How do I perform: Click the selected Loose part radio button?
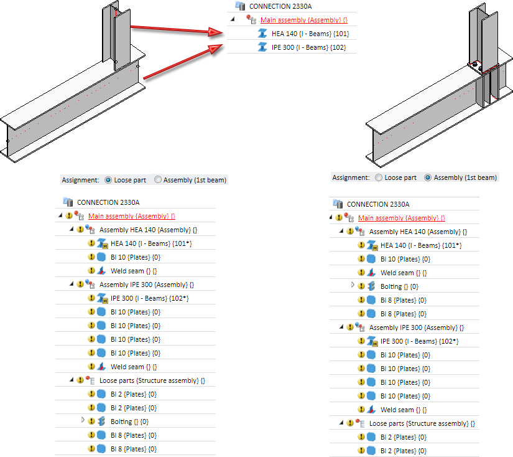[109, 180]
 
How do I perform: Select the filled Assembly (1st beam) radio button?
[428, 177]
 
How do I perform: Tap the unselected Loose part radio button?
[379, 177]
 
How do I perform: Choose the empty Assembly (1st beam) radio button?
[158, 180]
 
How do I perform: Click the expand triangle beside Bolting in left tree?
[83, 421]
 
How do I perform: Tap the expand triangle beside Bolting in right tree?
[353, 285]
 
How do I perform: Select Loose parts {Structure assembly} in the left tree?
[152, 380]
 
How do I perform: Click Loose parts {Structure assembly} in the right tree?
[422, 423]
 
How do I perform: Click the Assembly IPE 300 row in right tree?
[416, 327]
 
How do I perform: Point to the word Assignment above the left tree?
[80, 180]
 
